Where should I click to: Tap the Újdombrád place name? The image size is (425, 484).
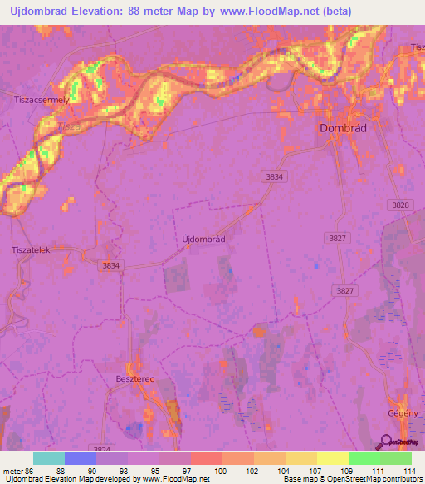[203, 238]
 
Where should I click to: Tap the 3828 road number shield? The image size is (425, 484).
[399, 205]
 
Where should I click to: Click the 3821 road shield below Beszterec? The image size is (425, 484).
[103, 449]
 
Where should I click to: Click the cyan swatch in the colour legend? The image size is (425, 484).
[48, 458]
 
